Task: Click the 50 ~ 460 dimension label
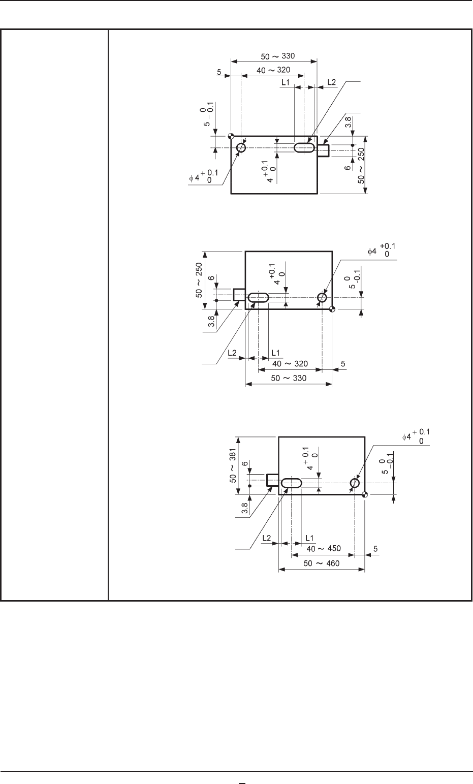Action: point(322,563)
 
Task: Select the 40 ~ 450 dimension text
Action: point(322,549)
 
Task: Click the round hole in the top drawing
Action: point(241,148)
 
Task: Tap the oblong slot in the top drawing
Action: point(304,148)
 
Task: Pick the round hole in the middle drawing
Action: point(322,297)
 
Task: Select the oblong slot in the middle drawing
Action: point(259,297)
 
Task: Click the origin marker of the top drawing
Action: point(231,136)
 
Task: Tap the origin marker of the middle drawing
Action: point(332,309)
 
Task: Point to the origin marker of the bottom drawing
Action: point(365,494)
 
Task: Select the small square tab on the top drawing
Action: point(324,150)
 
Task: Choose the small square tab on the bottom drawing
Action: point(272,480)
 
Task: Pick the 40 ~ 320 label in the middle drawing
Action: point(290,364)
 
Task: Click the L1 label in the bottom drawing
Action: point(309,538)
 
